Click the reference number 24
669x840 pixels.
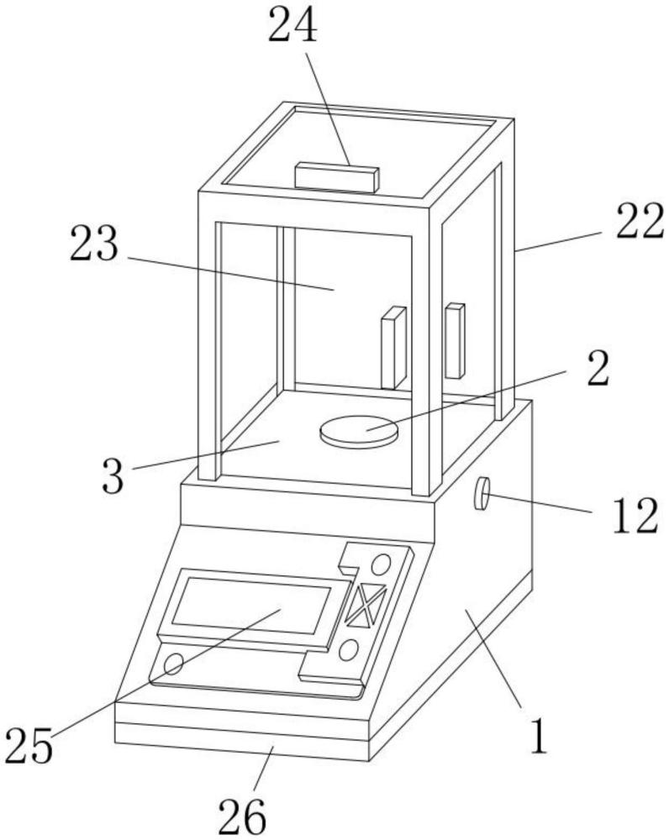tap(292, 25)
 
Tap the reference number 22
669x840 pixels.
tap(640, 221)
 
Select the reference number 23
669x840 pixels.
tap(94, 244)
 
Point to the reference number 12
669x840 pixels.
tap(635, 516)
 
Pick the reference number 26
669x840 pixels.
tap(242, 816)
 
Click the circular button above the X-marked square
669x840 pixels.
tap(381, 564)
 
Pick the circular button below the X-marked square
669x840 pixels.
tap(349, 650)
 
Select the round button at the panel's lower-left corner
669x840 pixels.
tap(173, 664)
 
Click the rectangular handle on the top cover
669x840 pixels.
tap(337, 177)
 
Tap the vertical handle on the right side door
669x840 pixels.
tap(455, 341)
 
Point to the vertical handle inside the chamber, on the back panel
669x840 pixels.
tap(393, 348)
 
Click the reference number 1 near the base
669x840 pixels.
tap(538, 736)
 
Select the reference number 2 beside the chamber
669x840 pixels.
tap(598, 370)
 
